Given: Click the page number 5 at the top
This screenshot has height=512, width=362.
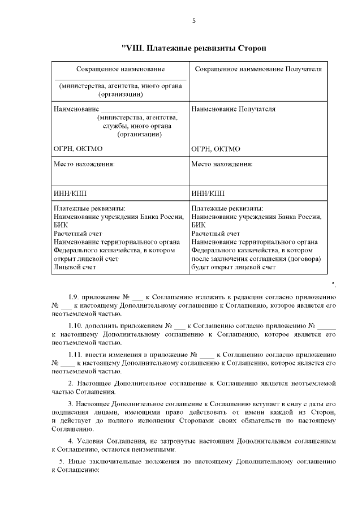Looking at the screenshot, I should click(x=194, y=21).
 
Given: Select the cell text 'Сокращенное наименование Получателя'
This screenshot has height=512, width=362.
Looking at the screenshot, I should click(x=258, y=69).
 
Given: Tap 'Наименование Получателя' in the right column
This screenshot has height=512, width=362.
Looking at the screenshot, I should click(x=234, y=109).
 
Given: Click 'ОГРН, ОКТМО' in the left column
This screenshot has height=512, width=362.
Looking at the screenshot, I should click(x=77, y=149).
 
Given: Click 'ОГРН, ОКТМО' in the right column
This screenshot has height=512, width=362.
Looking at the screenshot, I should click(x=216, y=149).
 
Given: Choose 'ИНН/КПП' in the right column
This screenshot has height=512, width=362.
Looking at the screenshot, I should click(x=208, y=193).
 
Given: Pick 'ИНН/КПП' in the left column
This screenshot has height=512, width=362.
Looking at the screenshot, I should click(x=70, y=193).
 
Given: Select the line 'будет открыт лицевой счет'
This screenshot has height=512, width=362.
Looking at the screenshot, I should click(x=233, y=267).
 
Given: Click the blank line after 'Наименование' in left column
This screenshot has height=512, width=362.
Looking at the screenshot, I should click(x=139, y=109).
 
